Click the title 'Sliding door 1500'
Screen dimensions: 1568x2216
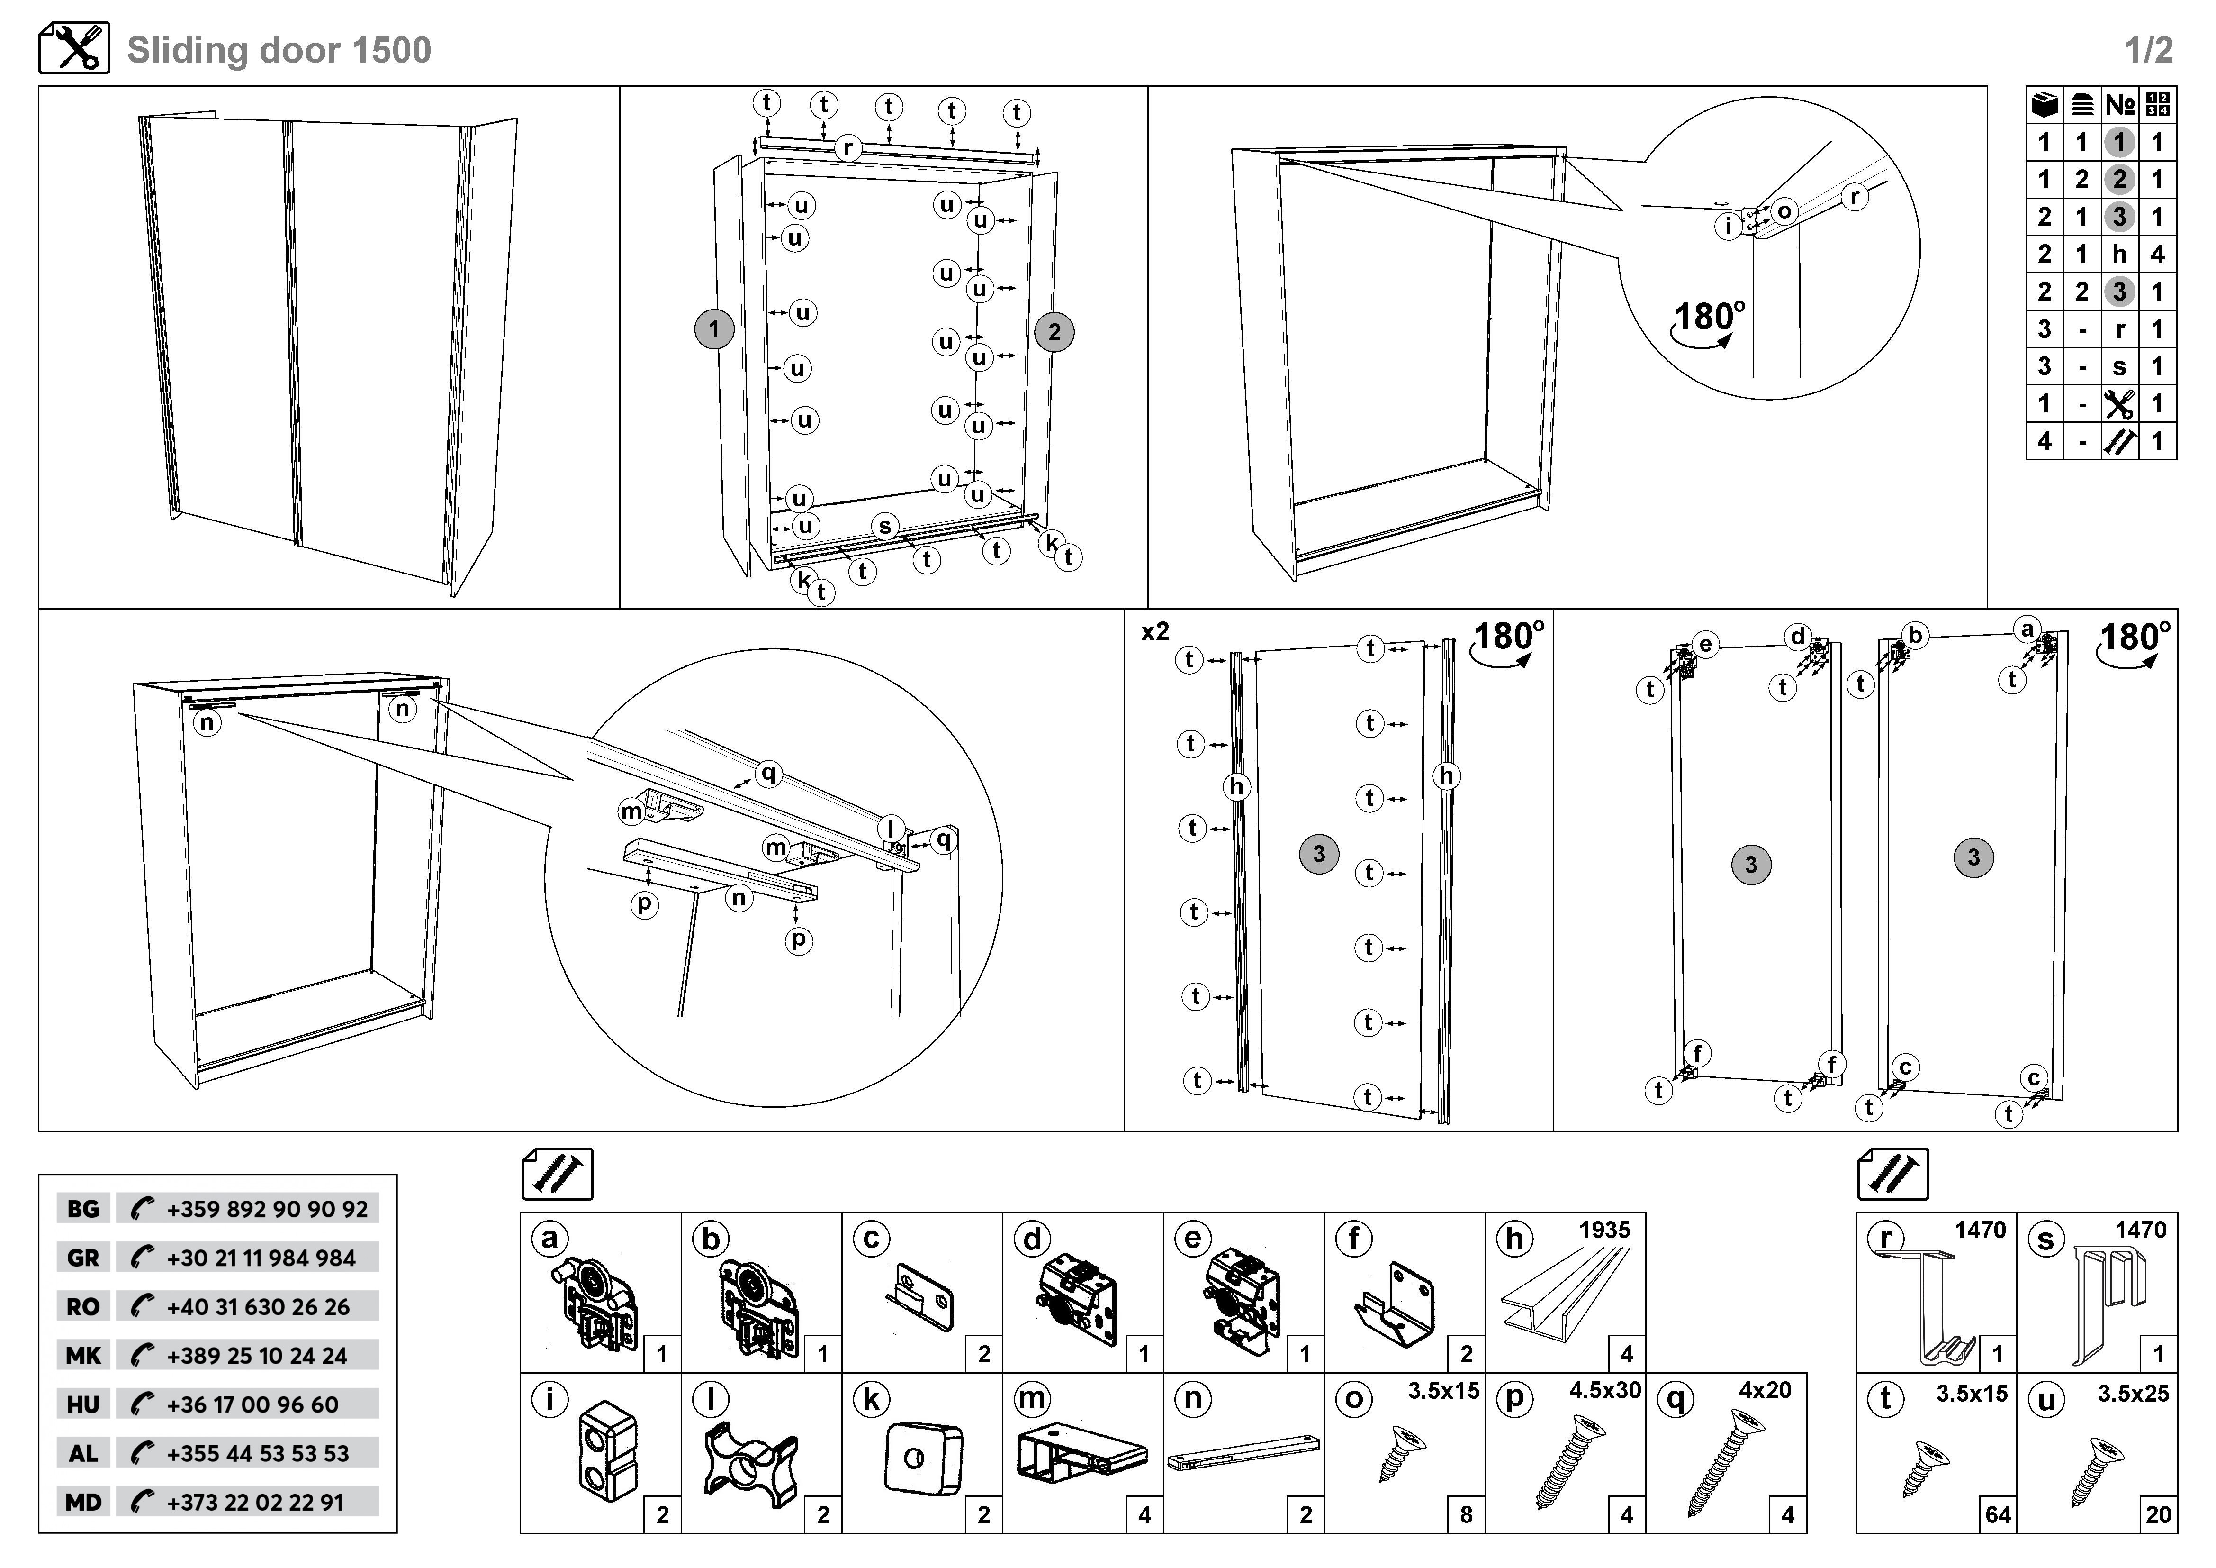tap(279, 50)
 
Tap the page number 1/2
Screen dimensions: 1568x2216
tap(2148, 50)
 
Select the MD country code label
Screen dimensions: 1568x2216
tap(83, 1502)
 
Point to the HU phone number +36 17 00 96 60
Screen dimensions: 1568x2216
tap(253, 1405)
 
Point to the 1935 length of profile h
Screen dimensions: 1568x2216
tap(1604, 1230)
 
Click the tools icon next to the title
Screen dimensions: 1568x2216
tap(74, 48)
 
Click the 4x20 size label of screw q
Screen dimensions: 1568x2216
tap(1766, 1390)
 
